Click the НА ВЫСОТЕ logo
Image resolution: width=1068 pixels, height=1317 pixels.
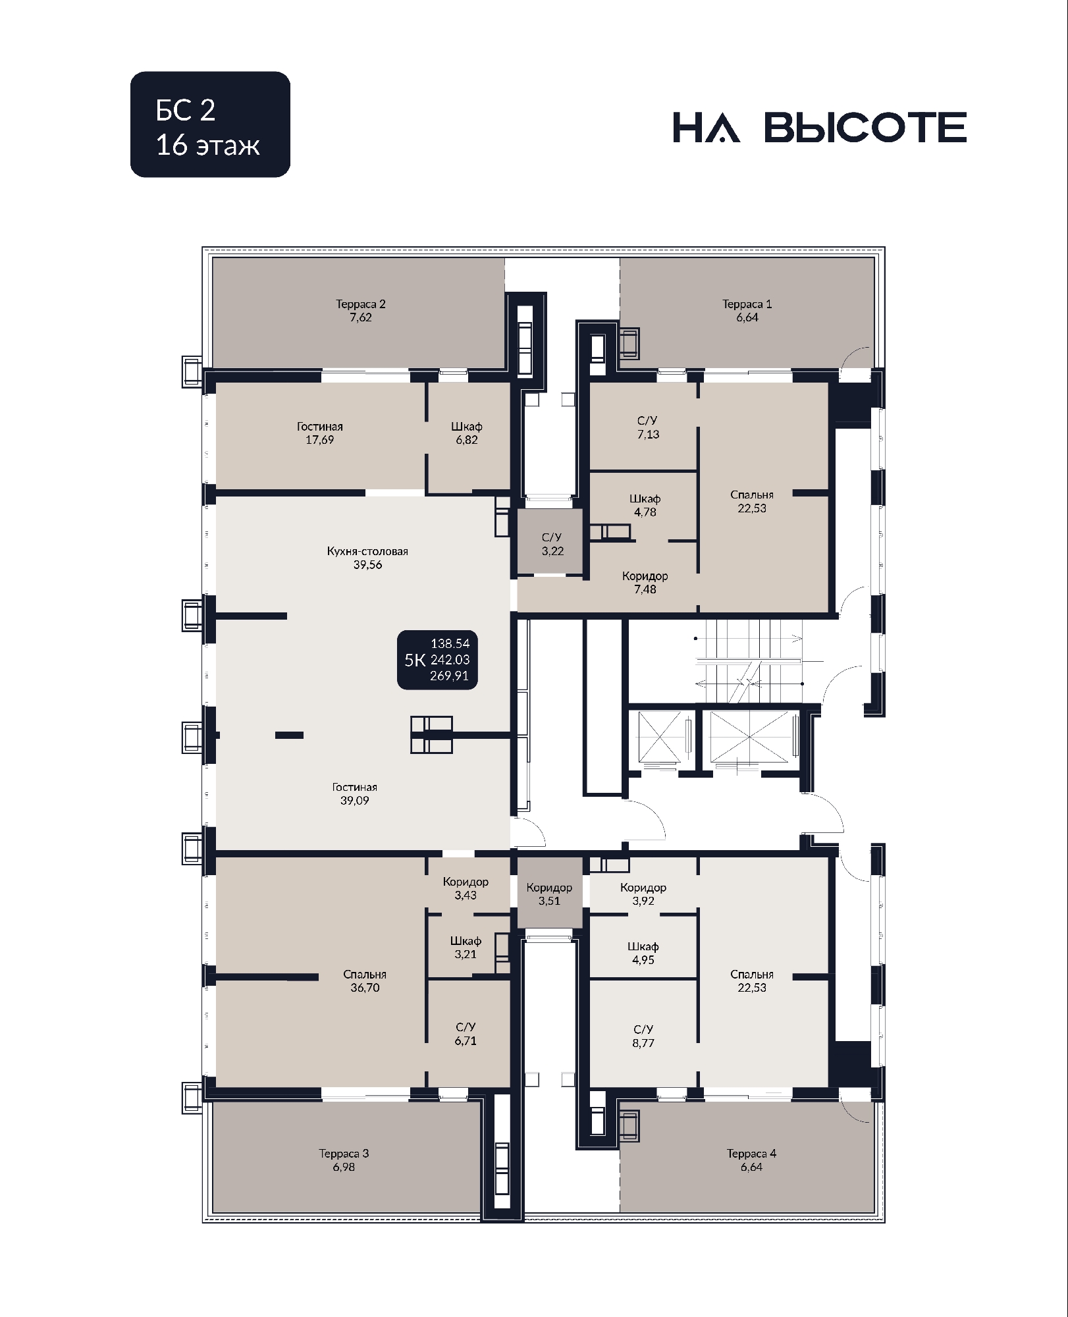click(x=820, y=127)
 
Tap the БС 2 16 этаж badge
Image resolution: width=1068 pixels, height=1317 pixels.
click(x=210, y=124)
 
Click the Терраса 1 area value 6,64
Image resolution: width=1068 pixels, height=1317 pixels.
click(x=747, y=317)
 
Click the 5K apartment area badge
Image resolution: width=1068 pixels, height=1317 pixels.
click(x=437, y=660)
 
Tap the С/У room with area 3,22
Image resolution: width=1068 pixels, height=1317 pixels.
click(x=550, y=541)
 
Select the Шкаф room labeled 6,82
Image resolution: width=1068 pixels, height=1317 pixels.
click(x=469, y=436)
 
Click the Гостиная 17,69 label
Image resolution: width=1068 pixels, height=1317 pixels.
click(x=319, y=433)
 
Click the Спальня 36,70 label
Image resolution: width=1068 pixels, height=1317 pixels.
click(x=365, y=981)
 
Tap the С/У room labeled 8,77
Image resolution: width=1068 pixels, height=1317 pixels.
click(x=643, y=1033)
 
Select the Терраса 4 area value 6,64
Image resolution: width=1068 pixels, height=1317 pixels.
click(x=751, y=1167)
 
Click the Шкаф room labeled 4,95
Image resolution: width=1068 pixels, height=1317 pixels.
click(x=643, y=946)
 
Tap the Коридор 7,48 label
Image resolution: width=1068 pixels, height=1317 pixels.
click(x=645, y=583)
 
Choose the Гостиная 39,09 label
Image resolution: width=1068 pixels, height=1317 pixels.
click(x=354, y=794)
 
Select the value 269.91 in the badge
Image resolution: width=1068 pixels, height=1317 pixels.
click(x=450, y=676)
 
